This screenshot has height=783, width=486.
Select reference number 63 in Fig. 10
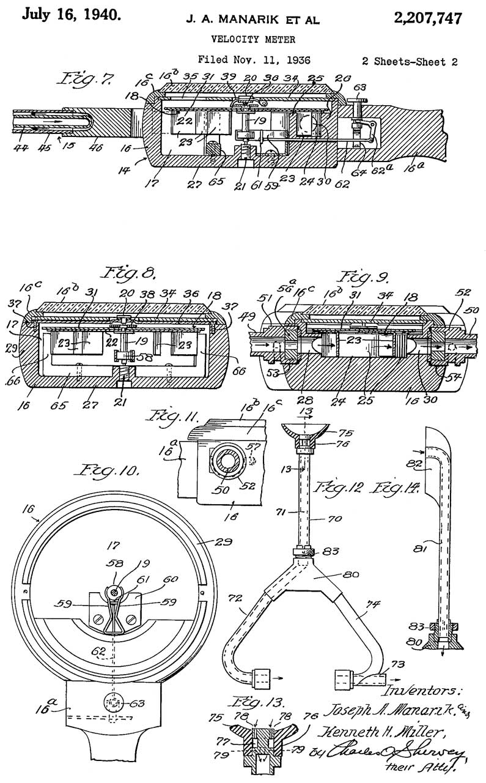139,703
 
